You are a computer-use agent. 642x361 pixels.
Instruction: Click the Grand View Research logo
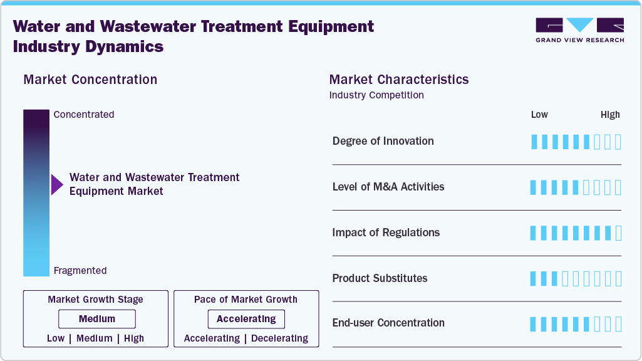tap(579, 29)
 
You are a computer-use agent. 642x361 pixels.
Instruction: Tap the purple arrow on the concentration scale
tap(57, 184)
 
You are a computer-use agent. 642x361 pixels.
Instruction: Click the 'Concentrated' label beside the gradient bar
tap(84, 115)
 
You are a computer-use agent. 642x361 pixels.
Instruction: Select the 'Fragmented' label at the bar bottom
tap(80, 271)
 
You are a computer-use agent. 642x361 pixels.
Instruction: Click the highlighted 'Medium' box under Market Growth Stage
tap(96, 319)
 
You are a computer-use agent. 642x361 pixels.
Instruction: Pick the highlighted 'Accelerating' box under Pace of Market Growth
tap(246, 319)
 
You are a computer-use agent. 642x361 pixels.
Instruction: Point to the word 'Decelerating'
tap(279, 338)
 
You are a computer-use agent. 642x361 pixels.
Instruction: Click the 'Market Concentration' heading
tap(90, 80)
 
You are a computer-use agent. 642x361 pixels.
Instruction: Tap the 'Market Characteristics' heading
tap(398, 80)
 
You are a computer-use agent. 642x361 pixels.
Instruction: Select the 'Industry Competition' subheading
tap(376, 95)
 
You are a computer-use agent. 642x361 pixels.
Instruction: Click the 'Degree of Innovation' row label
tap(383, 141)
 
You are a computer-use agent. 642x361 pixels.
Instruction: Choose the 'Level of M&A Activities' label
tap(388, 187)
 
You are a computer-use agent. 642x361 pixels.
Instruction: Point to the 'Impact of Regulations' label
tap(386, 233)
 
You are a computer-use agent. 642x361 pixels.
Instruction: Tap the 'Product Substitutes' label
tap(380, 278)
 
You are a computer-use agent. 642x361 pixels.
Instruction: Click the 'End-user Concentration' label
tap(388, 323)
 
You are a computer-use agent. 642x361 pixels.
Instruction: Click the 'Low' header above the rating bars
tap(539, 115)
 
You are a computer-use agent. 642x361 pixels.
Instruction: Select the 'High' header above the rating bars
tap(610, 115)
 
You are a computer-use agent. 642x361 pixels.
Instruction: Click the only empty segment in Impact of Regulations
tap(618, 233)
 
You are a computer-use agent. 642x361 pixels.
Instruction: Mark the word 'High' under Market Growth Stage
tap(134, 338)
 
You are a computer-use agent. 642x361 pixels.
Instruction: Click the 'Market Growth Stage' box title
tap(95, 300)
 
